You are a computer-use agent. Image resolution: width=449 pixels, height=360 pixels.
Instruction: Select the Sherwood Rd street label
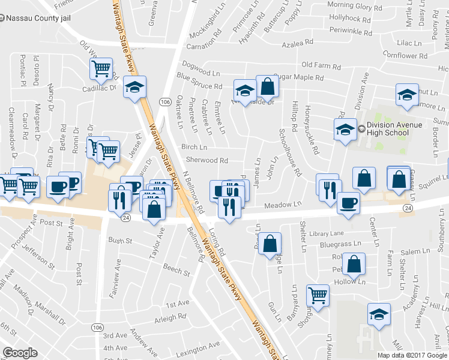pos(206,161)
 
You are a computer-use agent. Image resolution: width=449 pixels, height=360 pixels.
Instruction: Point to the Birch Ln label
pos(194,147)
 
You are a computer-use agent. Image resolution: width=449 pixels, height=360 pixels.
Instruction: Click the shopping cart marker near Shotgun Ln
pos(318,295)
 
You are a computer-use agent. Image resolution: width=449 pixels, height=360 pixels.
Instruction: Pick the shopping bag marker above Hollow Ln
pos(354,263)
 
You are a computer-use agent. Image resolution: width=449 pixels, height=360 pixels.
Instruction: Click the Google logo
pos(20,352)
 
